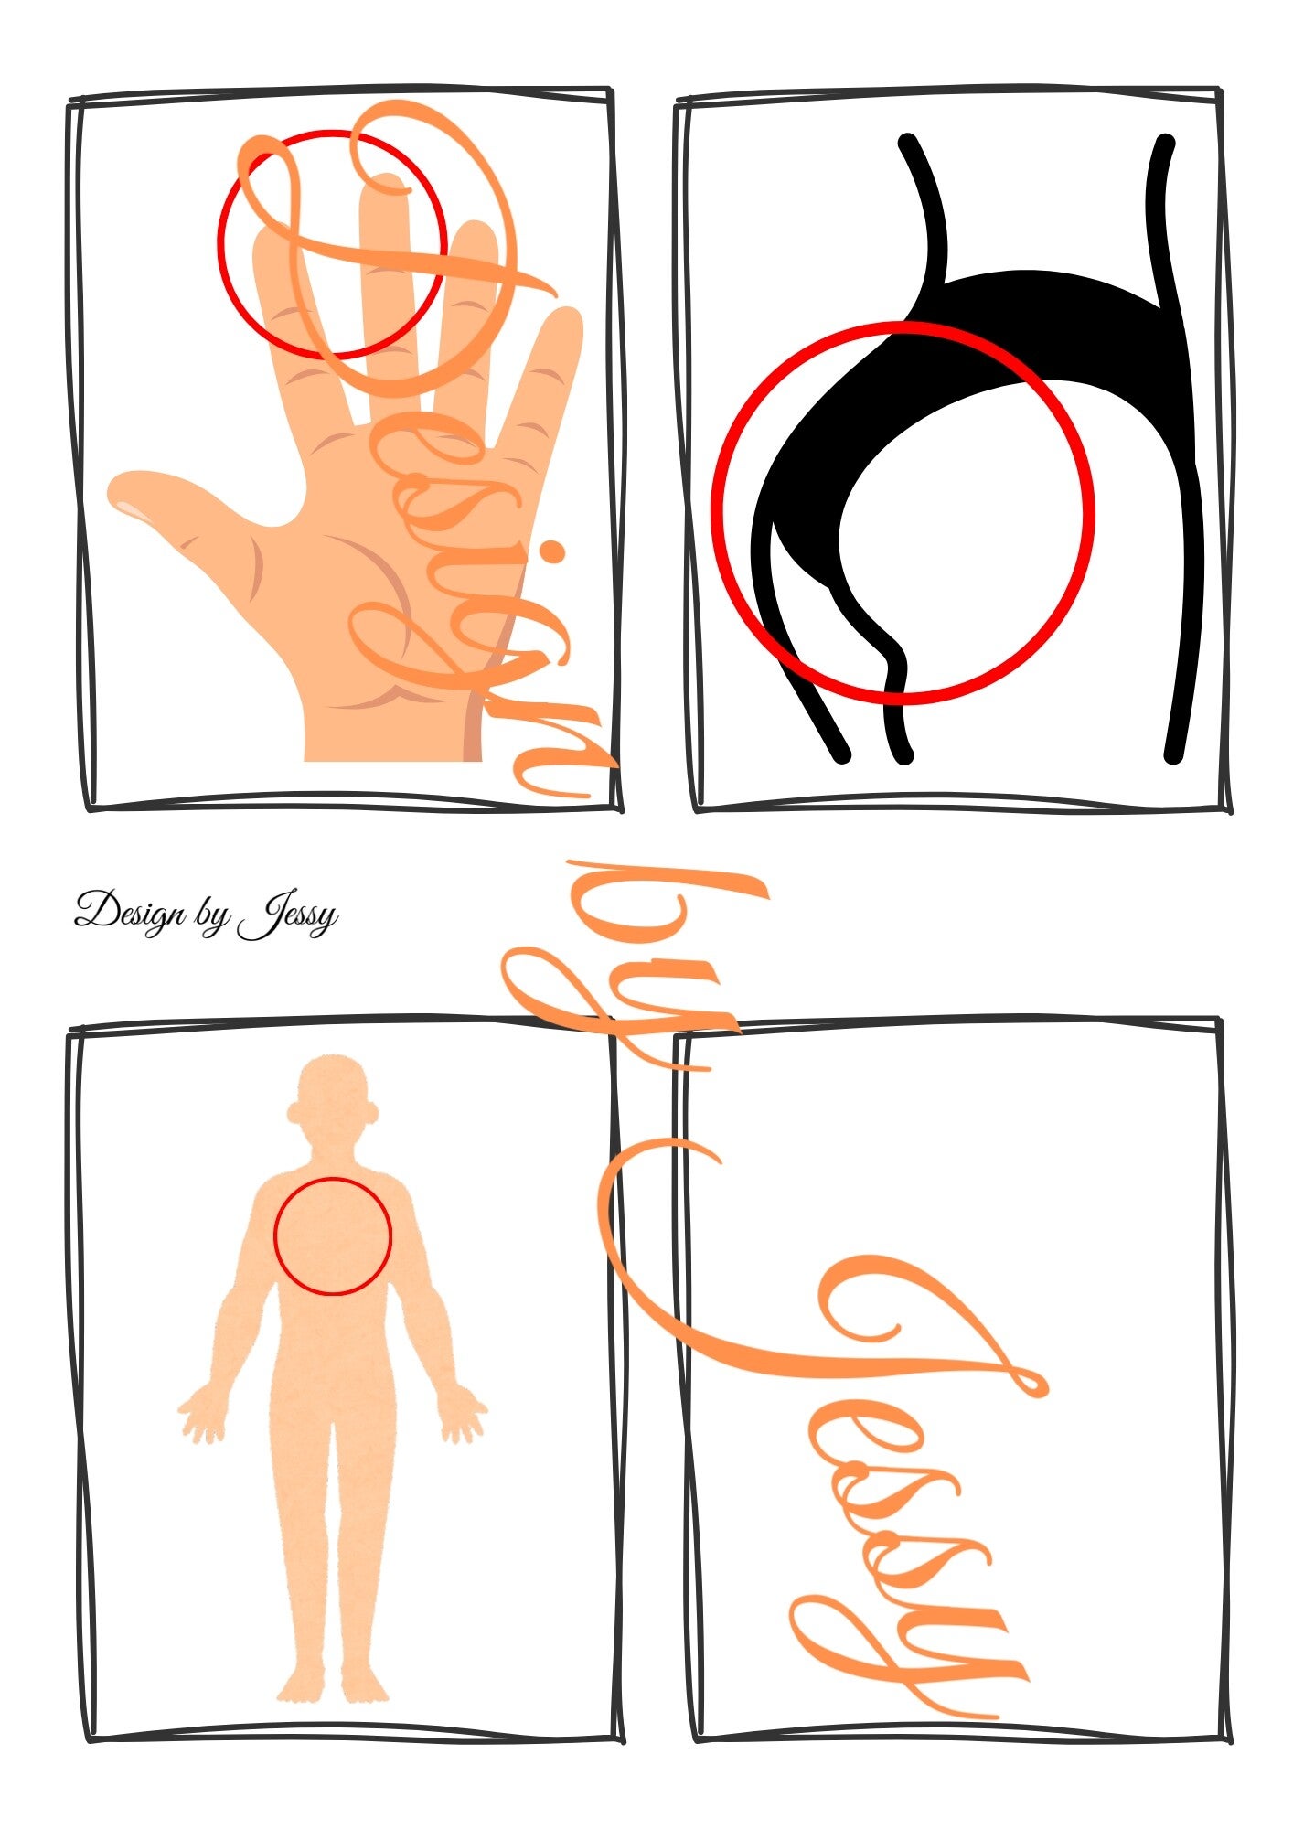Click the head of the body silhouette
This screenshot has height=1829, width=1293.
[x=333, y=1097]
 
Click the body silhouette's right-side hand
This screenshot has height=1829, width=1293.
[x=464, y=1418]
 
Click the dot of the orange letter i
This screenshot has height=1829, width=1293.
[x=551, y=552]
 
